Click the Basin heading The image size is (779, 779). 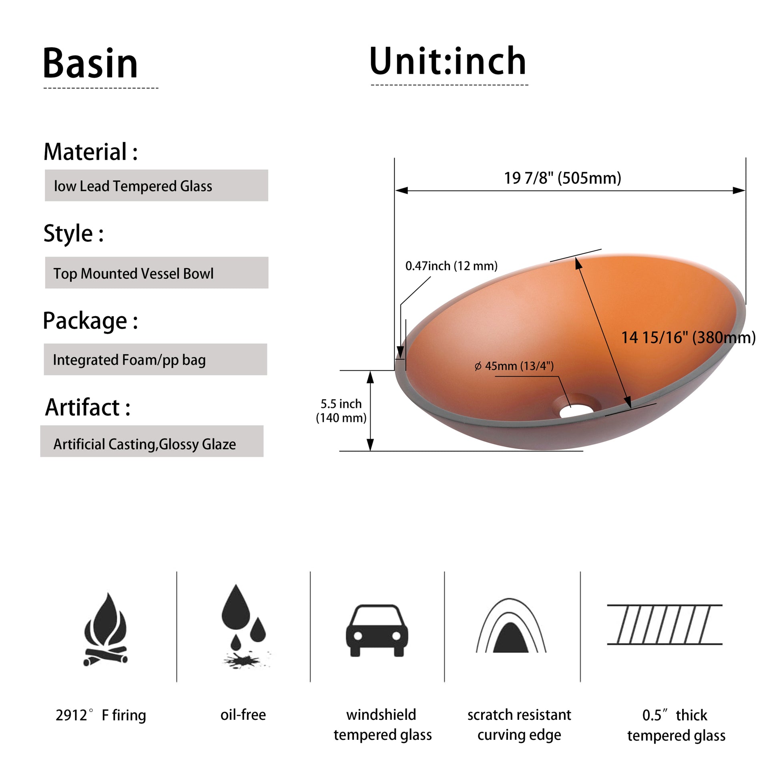point(90,63)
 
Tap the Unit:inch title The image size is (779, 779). point(448,61)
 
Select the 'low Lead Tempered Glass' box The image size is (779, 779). point(157,185)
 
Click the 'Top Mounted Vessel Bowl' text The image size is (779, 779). point(133,273)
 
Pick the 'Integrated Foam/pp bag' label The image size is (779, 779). point(129,360)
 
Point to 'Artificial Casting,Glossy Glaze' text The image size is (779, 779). point(145,444)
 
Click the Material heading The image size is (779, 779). point(91,152)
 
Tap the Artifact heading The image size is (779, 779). point(88,407)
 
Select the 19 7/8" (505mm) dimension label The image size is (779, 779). point(562,178)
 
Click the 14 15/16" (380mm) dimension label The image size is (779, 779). point(688,337)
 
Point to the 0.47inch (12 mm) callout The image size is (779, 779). point(451,266)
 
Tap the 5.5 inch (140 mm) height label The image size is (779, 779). point(341,410)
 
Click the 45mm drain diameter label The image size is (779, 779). point(514,366)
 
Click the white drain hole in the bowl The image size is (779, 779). point(576,411)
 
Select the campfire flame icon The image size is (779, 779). point(105,629)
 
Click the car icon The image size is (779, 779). point(377,630)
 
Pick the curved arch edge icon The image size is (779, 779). point(511,625)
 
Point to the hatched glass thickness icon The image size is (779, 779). point(665,624)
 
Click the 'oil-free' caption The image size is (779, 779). point(243,715)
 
